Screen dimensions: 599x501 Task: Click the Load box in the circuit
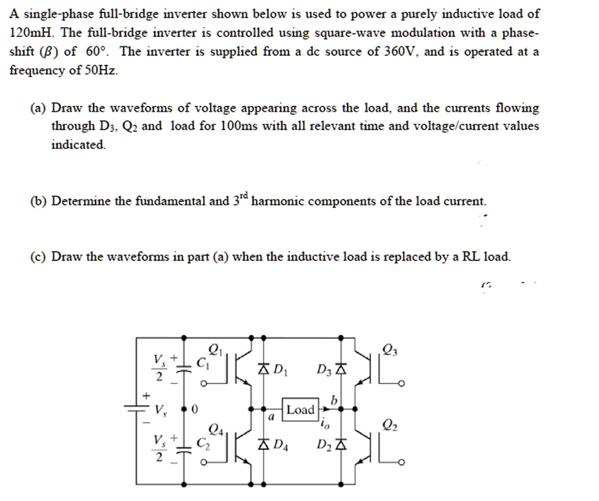coord(301,410)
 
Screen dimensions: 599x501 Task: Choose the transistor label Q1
coord(215,351)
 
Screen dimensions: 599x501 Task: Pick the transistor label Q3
coord(388,351)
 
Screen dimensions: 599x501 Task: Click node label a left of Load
coord(271,418)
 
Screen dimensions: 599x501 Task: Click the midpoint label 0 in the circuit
coord(195,410)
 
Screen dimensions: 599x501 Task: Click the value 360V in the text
coord(401,52)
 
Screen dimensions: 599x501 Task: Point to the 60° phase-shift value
coord(97,52)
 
